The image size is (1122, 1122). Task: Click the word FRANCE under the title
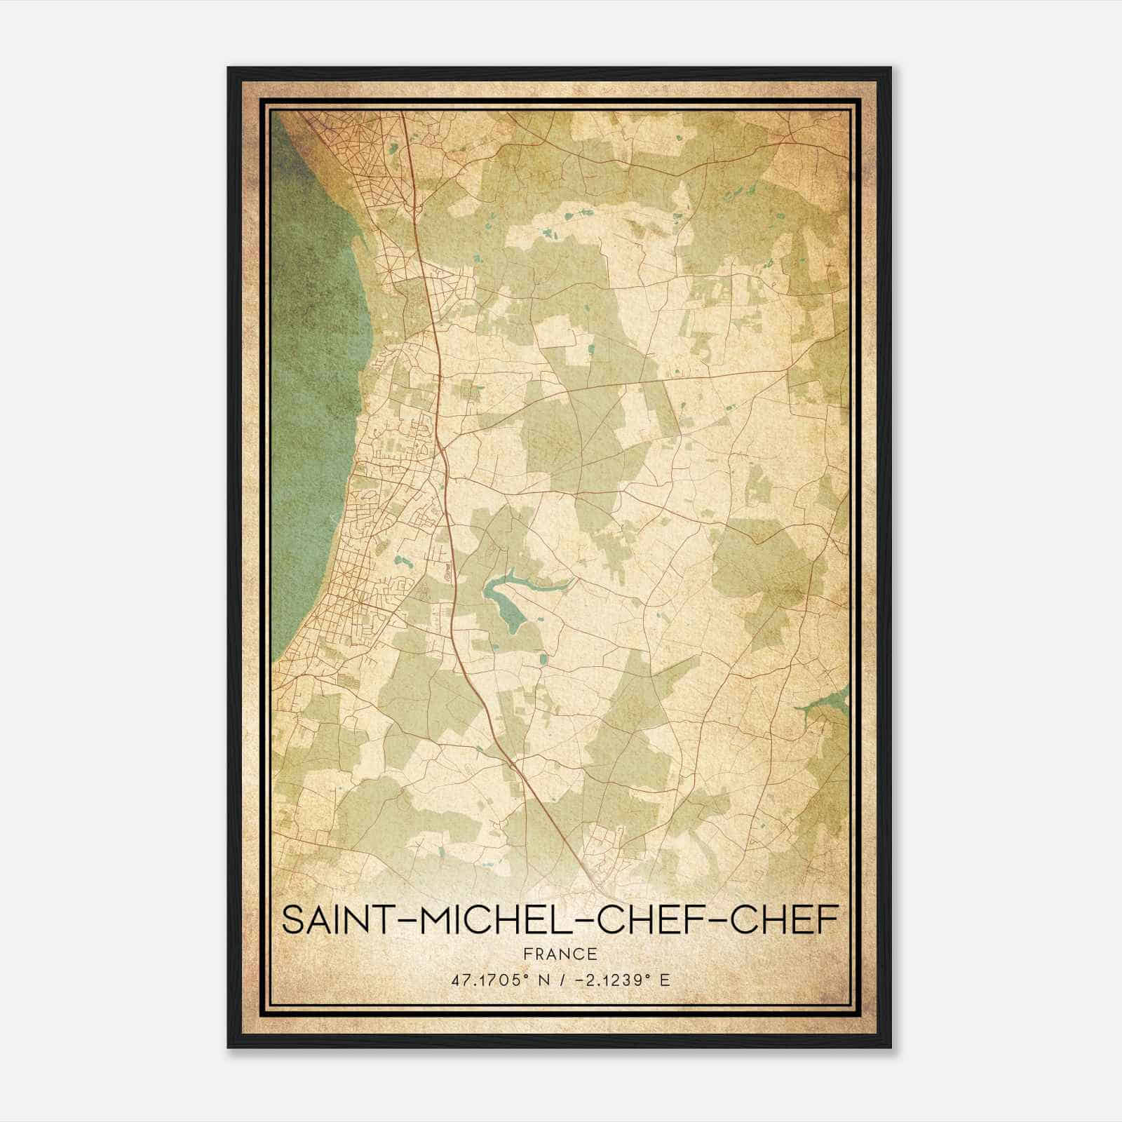click(x=561, y=954)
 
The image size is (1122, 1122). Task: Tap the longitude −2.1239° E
click(x=621, y=980)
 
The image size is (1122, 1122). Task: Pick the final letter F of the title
click(x=828, y=920)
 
